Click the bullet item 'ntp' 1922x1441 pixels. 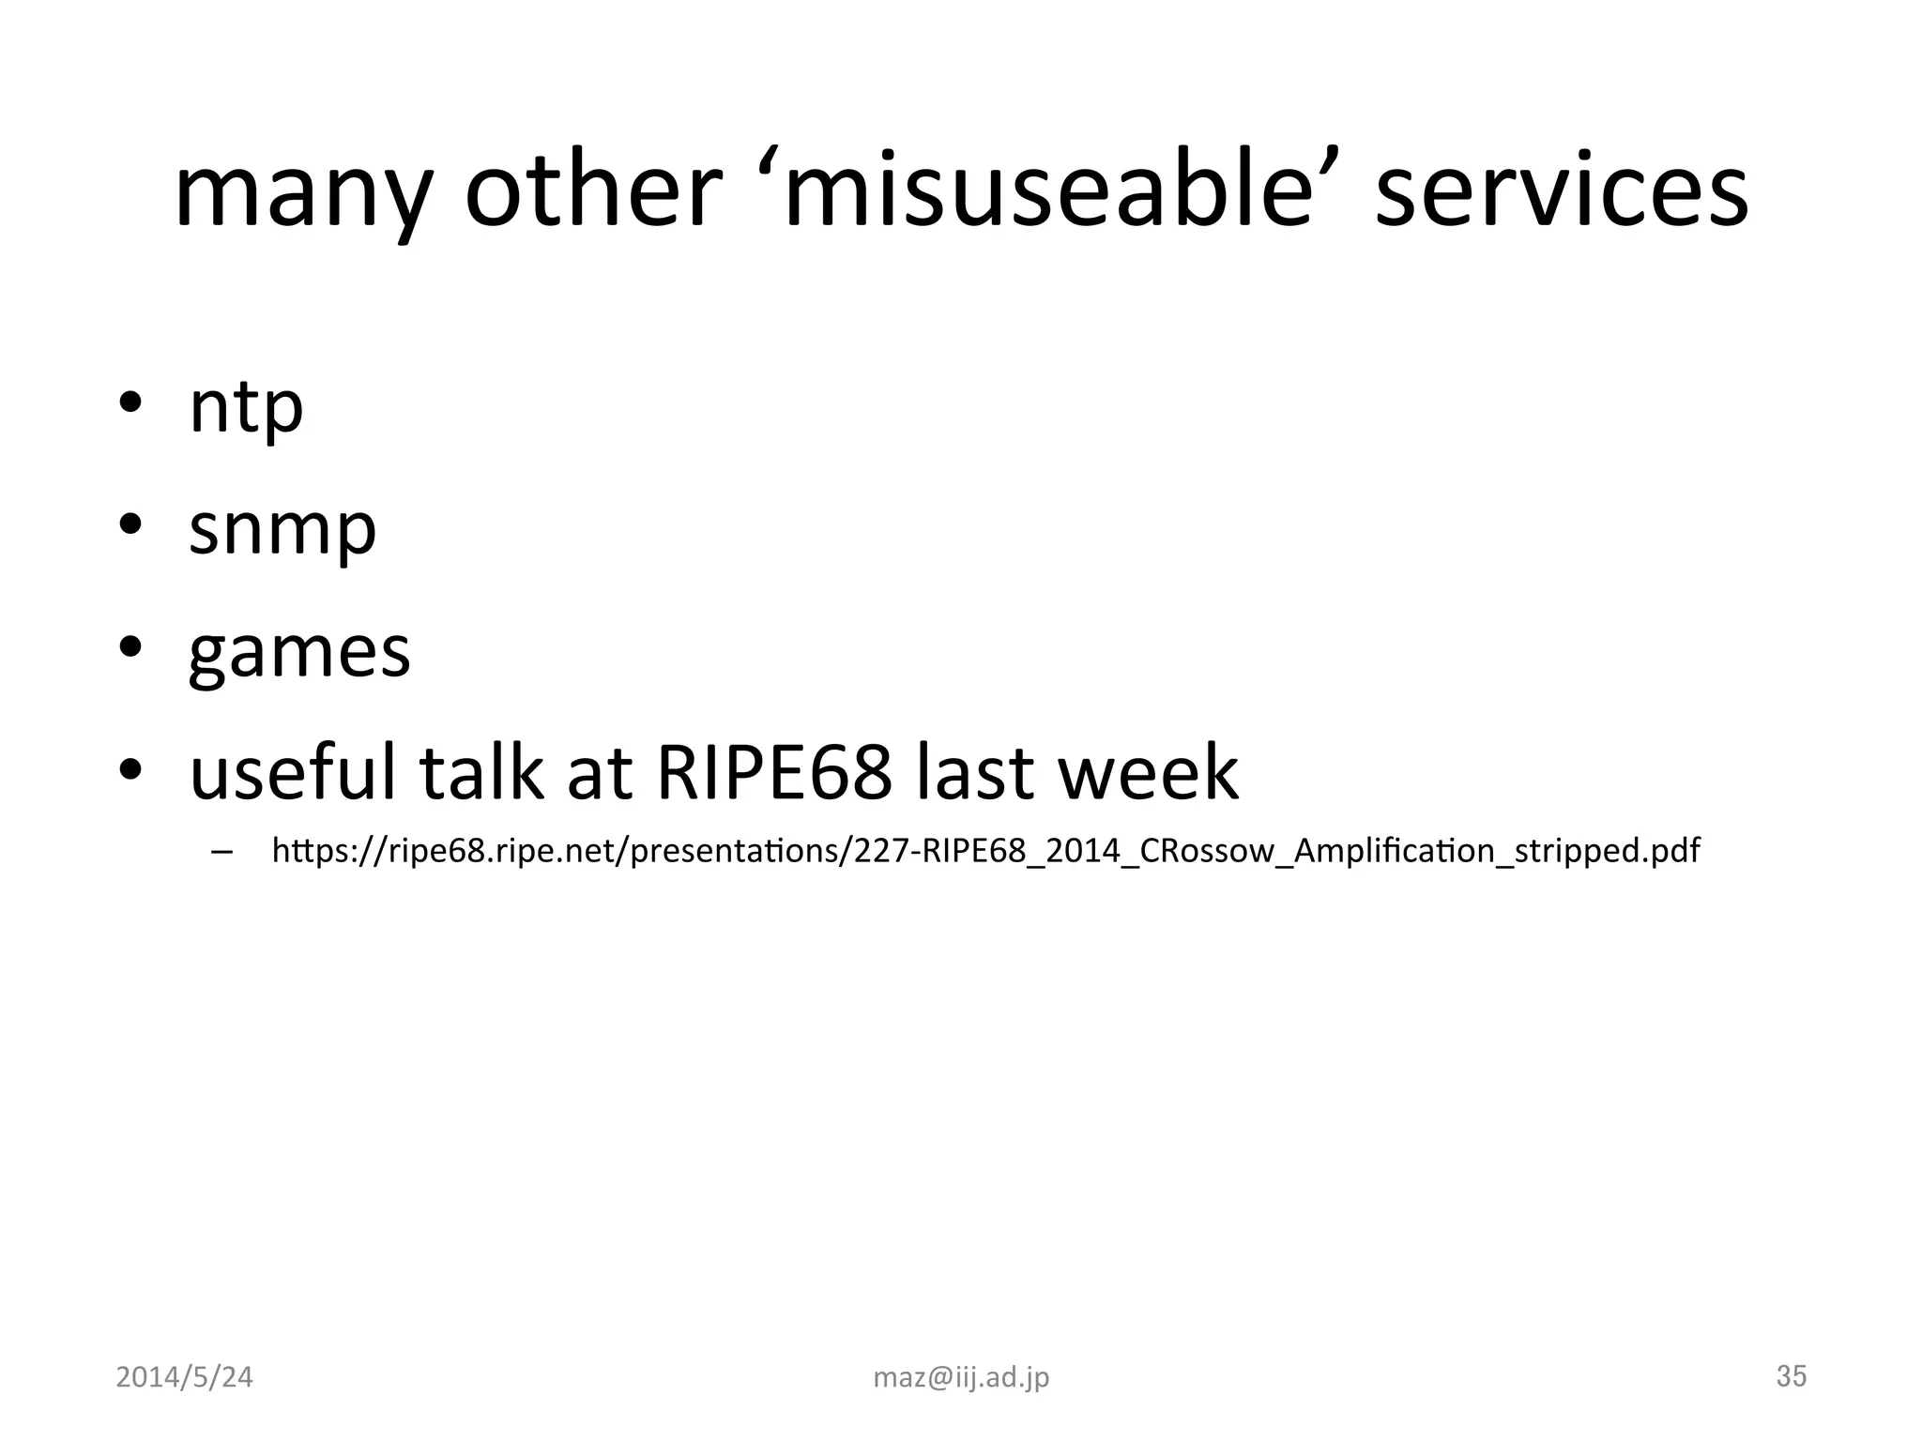[x=246, y=407]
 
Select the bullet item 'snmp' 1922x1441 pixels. [x=282, y=529]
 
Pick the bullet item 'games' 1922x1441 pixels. [x=299, y=652]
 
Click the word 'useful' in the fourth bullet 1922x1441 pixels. [x=293, y=771]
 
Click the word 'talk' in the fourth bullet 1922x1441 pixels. [x=480, y=771]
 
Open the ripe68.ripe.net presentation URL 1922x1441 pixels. [x=985, y=851]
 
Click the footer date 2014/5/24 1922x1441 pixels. [x=184, y=1376]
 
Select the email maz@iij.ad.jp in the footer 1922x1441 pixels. [x=961, y=1377]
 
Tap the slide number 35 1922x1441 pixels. [x=1791, y=1375]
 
